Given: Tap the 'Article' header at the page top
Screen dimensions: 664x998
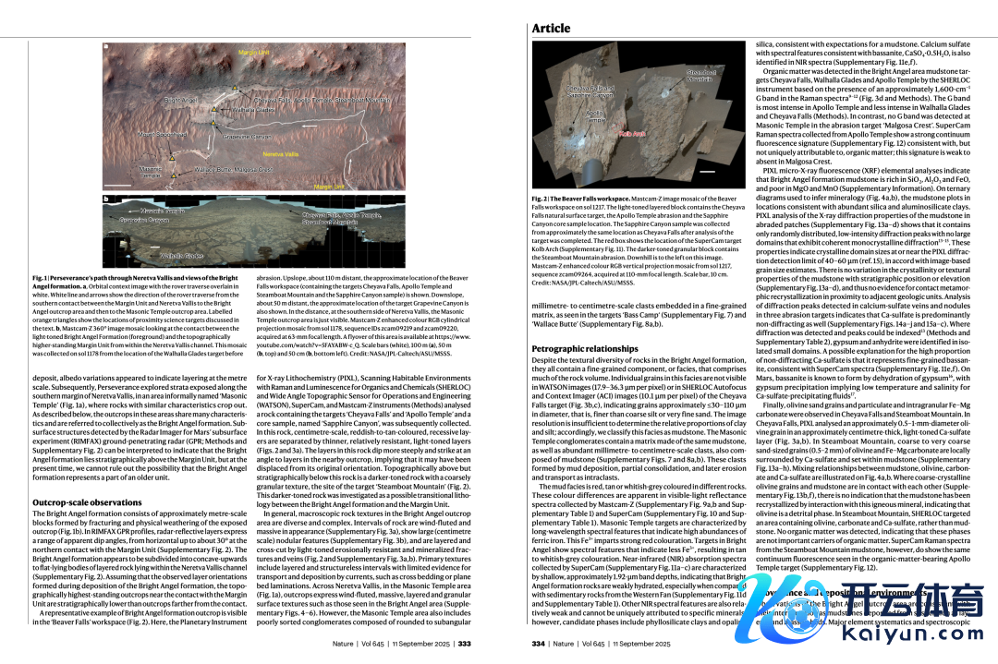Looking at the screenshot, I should pos(551,29).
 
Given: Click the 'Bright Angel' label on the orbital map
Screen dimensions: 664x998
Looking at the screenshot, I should pos(181,99).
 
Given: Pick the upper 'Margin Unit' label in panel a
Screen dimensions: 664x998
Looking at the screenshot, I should pos(254,54).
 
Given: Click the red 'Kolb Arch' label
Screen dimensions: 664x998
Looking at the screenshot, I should pos(632,134).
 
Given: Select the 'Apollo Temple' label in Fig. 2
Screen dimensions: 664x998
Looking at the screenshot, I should pos(595,117).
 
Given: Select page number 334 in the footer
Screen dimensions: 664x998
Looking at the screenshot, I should pos(539,644).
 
